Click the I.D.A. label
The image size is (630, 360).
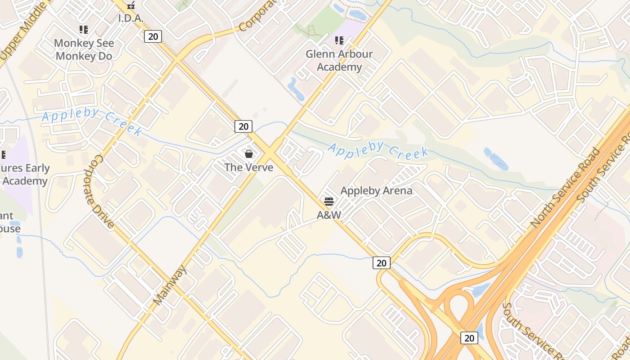[x=130, y=18]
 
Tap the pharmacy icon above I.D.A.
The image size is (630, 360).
[x=131, y=5]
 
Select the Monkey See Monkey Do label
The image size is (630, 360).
[x=84, y=49]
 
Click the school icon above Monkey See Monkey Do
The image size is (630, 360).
[x=84, y=30]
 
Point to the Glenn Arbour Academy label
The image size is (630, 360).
[x=339, y=60]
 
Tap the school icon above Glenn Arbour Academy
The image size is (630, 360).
[x=339, y=41]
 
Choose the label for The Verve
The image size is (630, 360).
[x=249, y=167]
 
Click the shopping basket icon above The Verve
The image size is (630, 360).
[x=249, y=154]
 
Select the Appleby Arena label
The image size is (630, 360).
[x=376, y=191]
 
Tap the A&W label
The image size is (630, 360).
[x=329, y=215]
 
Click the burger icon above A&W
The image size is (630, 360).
[x=329, y=201]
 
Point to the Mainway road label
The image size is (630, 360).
[x=169, y=285]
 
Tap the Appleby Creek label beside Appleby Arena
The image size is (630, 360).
[x=378, y=150]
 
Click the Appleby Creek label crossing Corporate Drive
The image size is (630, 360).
[x=92, y=121]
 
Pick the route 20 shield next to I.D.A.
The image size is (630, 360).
[x=153, y=36]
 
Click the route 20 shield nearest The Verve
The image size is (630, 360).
[x=243, y=126]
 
